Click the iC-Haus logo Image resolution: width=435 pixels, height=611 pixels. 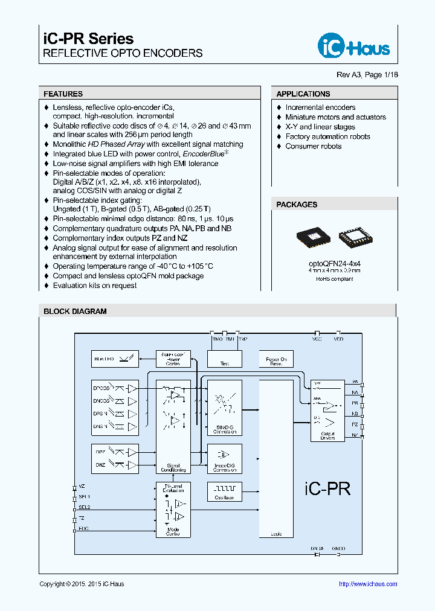click(x=354, y=45)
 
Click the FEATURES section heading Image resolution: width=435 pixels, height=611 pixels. click(x=63, y=94)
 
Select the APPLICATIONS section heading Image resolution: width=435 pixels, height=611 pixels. click(x=303, y=94)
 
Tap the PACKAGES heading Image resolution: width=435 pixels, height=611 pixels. click(x=297, y=205)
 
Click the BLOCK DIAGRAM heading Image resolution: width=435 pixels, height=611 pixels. click(x=75, y=312)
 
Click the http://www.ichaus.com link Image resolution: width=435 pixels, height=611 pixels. click(x=367, y=584)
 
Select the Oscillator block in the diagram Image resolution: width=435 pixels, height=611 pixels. click(x=225, y=491)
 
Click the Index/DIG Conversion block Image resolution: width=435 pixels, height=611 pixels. click(x=225, y=459)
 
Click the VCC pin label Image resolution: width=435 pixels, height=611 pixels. click(x=317, y=339)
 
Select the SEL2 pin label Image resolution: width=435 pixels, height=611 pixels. click(x=84, y=507)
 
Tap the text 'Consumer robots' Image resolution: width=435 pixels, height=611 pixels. click(x=313, y=146)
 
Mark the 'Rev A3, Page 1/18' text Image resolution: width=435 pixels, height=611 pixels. click(x=367, y=74)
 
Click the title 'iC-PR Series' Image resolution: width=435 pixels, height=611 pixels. click(x=88, y=39)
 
